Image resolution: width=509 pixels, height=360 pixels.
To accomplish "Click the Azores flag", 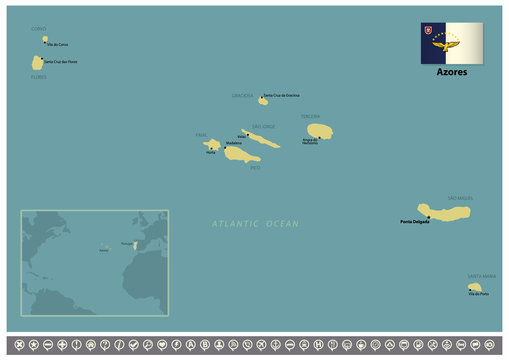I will click(x=451, y=42).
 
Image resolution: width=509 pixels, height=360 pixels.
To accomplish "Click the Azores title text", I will click(x=451, y=73).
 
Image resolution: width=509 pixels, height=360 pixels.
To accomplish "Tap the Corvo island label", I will click(x=38, y=29).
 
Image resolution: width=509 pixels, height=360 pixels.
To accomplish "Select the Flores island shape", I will click(x=38, y=62).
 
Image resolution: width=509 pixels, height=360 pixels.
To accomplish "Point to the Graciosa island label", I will click(x=243, y=96).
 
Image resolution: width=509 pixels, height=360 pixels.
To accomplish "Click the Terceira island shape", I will click(x=319, y=131).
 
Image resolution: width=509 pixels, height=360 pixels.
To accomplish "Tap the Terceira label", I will click(x=311, y=116).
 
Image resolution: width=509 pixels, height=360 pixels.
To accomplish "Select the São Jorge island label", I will click(x=263, y=126).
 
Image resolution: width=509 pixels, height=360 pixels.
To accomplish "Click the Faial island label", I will click(x=200, y=134).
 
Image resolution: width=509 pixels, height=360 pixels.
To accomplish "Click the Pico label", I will click(x=256, y=168).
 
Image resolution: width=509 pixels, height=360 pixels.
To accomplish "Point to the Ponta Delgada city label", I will click(x=414, y=222).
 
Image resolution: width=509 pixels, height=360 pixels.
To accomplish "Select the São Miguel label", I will click(x=459, y=198).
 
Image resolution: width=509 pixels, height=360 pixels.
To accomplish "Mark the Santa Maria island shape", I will click(x=474, y=287).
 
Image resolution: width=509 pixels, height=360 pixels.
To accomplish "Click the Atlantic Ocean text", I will click(x=255, y=225).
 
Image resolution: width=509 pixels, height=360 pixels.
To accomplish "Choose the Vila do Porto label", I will click(x=478, y=294).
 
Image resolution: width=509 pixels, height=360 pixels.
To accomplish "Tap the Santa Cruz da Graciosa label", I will click(x=282, y=95).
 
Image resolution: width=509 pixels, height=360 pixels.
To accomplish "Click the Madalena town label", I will click(x=234, y=143).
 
